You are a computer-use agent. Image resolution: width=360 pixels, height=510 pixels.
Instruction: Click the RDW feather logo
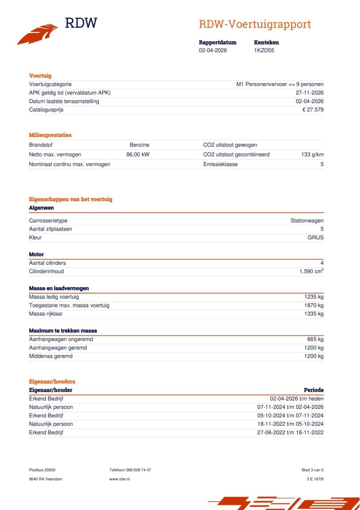[37, 34]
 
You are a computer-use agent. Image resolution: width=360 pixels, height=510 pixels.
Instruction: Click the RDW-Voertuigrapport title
[254, 24]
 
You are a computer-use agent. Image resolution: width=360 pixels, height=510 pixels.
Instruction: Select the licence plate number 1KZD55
[264, 50]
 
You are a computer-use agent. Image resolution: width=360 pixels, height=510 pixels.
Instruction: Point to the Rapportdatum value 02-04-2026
[213, 50]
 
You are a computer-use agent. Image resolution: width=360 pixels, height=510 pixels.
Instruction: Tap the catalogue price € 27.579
[313, 110]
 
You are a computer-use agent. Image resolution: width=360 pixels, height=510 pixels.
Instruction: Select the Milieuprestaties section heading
[50, 135]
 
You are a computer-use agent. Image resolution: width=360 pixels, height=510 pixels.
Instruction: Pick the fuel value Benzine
[139, 145]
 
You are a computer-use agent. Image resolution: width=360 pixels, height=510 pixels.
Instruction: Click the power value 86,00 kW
[138, 155]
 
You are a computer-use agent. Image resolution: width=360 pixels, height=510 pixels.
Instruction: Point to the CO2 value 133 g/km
[312, 155]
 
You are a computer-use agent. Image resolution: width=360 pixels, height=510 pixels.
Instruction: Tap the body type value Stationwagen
[307, 221]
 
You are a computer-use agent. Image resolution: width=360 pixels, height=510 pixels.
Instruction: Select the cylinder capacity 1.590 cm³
[311, 271]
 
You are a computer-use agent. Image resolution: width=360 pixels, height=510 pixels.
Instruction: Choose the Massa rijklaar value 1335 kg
[314, 314]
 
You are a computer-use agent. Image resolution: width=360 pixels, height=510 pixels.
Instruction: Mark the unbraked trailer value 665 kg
[315, 339]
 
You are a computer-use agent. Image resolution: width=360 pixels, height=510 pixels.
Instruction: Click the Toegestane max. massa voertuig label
[69, 305]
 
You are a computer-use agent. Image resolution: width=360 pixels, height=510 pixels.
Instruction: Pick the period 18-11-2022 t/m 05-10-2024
[290, 424]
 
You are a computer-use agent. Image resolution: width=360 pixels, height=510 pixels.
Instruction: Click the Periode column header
[313, 390]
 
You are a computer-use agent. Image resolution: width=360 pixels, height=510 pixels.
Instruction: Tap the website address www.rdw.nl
[119, 479]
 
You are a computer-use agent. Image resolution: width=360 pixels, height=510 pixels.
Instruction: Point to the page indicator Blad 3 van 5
[313, 470]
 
